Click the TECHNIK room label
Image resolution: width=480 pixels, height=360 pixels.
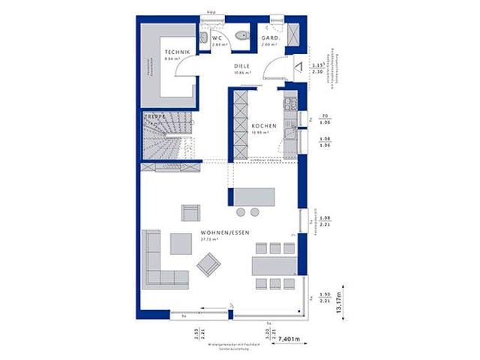pos(178,52)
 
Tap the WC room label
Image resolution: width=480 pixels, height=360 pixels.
pos(217,37)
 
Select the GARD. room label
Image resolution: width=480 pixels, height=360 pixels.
pos(270,37)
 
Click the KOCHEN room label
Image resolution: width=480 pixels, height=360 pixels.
pos(264,125)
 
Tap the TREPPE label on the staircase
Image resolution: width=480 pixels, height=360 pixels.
pos(154,117)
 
